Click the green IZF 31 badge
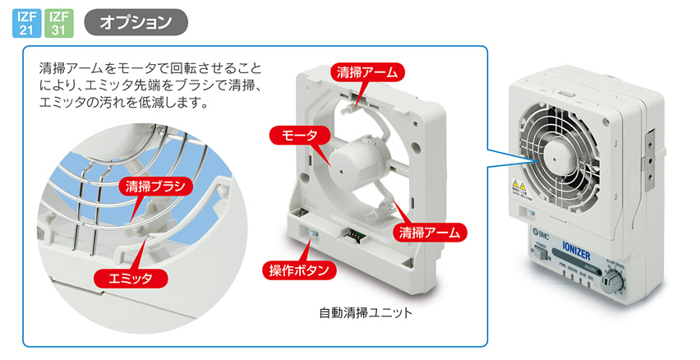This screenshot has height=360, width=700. [x=58, y=23]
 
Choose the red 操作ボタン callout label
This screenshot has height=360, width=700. [x=299, y=270]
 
